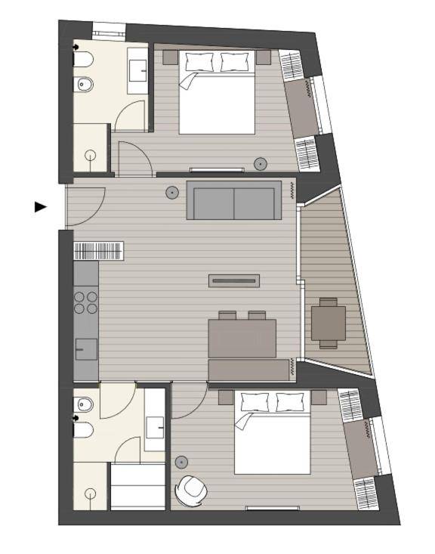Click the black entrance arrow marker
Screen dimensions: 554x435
coord(40,206)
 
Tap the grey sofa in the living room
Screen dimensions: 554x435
coord(234,201)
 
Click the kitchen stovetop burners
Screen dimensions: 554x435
coord(86,302)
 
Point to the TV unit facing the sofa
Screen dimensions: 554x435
coord(234,281)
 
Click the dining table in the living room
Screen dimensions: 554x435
coord(242,338)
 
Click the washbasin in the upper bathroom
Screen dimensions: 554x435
coord(137,71)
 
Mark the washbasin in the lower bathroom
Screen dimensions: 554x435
coord(156,427)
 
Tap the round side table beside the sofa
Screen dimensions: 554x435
coord(172,193)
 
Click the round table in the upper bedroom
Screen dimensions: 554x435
coord(261,163)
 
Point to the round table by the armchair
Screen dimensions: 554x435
coord(182,462)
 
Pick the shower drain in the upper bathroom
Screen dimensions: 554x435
coord(91,156)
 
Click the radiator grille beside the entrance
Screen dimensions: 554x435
coord(98,251)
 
